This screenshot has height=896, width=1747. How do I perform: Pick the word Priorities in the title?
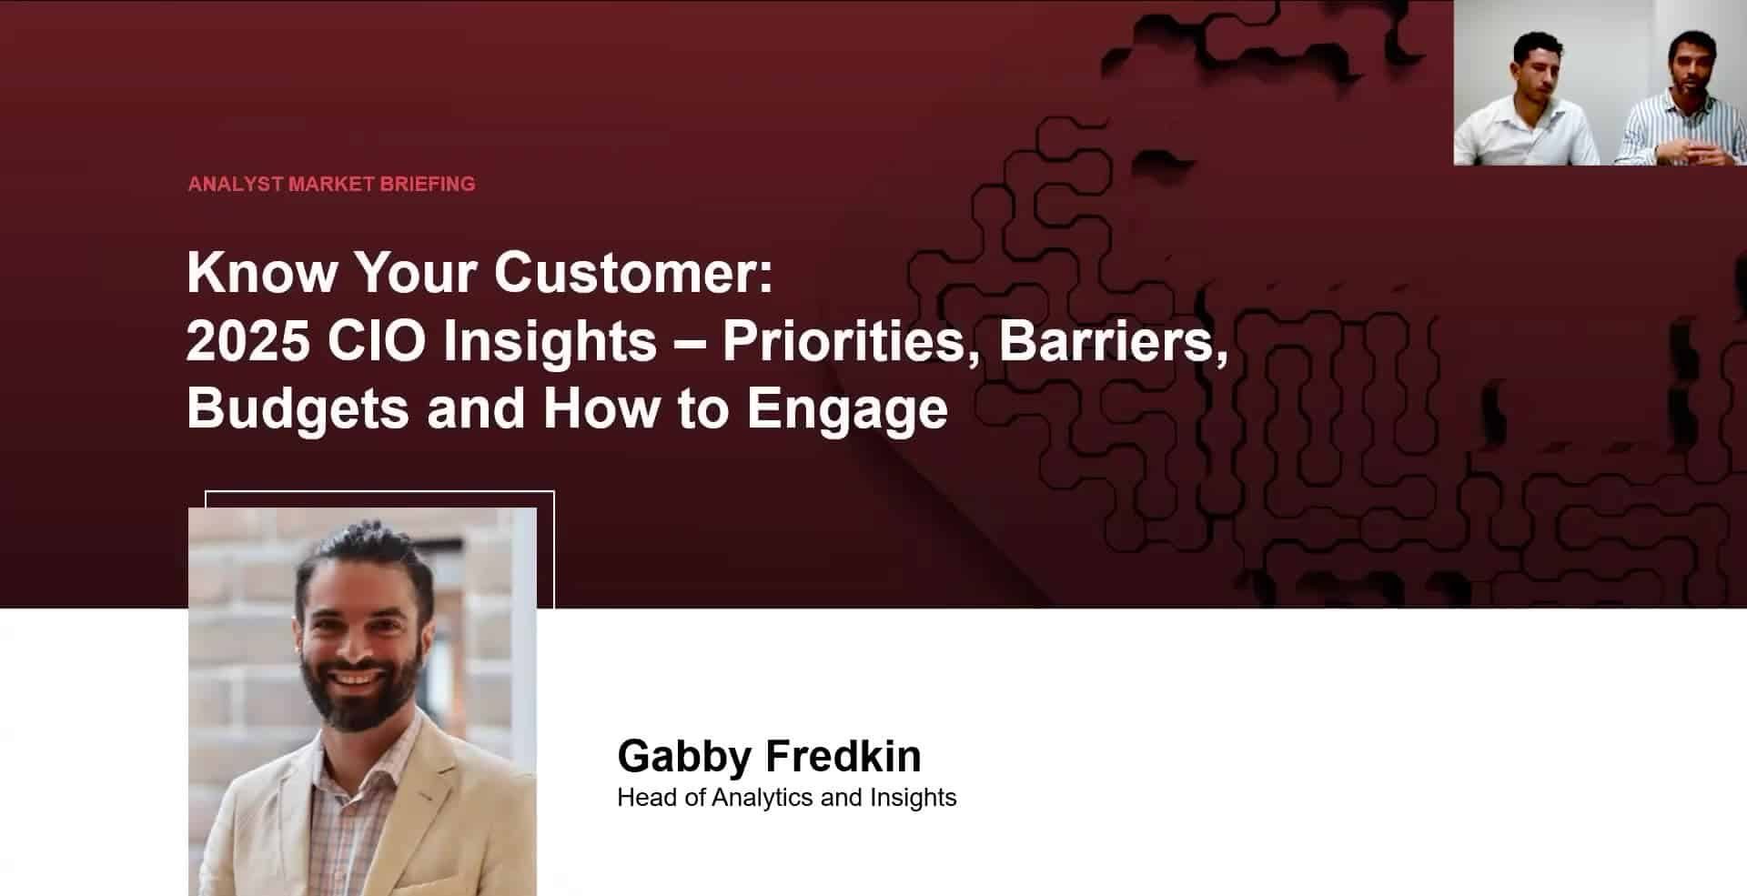843,340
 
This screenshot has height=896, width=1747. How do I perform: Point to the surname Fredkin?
843,756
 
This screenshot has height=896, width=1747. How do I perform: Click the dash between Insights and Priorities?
690,342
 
